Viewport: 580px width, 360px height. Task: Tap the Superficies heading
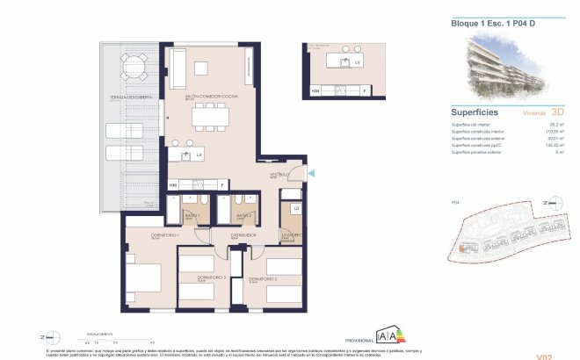475,112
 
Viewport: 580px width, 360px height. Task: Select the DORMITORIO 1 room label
141,235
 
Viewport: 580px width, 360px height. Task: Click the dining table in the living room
210,115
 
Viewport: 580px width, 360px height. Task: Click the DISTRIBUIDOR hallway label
243,235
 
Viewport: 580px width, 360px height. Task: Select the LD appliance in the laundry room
296,208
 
